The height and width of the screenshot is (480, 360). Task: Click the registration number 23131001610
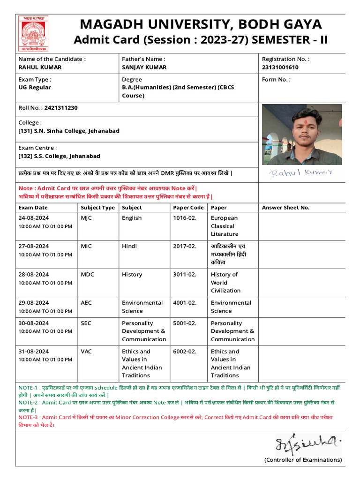click(280, 67)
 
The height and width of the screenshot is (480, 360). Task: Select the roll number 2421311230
click(61, 108)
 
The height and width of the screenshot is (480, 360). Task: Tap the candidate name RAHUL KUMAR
click(40, 67)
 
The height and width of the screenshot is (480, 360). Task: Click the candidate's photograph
click(302, 134)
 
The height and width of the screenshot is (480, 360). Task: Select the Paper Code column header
click(188, 208)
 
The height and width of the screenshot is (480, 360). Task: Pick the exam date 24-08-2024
click(34, 218)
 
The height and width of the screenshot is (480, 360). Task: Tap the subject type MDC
click(87, 274)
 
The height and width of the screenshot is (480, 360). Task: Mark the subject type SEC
click(86, 323)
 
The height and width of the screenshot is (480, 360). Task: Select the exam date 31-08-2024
click(34, 352)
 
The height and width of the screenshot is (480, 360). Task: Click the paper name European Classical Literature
click(225, 226)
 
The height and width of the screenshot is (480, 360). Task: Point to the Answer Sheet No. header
click(285, 208)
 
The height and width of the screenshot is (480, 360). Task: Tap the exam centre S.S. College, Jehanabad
click(59, 156)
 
